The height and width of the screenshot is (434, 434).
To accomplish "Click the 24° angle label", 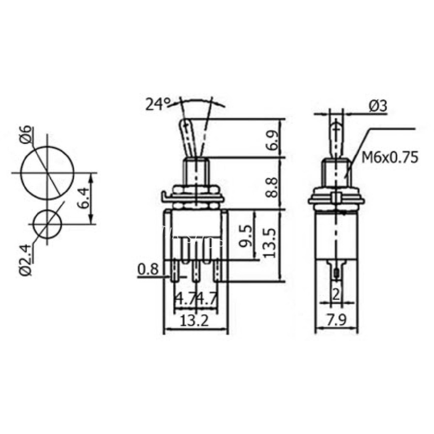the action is coord(159,104).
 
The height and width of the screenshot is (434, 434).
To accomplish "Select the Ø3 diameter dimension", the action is coord(378,106).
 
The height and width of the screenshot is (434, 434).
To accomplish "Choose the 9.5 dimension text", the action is coord(246,236).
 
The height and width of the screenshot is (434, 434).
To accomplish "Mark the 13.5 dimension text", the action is coord(268,243).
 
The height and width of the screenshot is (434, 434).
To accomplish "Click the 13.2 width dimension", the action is coord(195,321).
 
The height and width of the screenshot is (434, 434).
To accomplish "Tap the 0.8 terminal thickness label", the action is coord(148,269).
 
